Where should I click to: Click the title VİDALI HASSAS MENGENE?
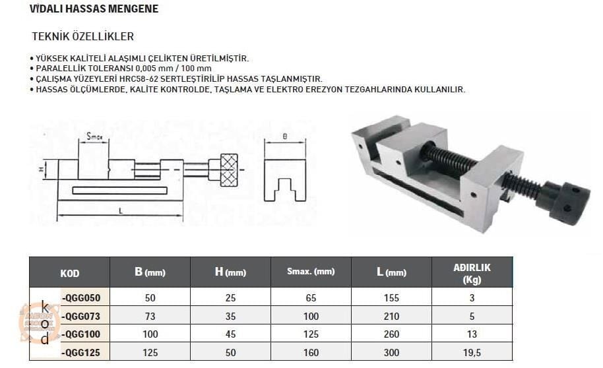[x=94, y=9]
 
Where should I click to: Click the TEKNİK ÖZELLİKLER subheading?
[x=82, y=37]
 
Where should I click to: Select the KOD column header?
[x=70, y=273]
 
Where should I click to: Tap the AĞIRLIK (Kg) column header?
[x=472, y=272]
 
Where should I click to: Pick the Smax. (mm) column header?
[x=311, y=272]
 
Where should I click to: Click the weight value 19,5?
[x=472, y=353]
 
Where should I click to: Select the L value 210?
[x=391, y=316]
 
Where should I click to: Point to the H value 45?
[x=230, y=334]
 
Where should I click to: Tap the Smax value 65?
[x=311, y=297]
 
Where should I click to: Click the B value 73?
[x=150, y=316]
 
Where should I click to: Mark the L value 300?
[x=391, y=353]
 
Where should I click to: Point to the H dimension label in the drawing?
[x=41, y=169]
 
